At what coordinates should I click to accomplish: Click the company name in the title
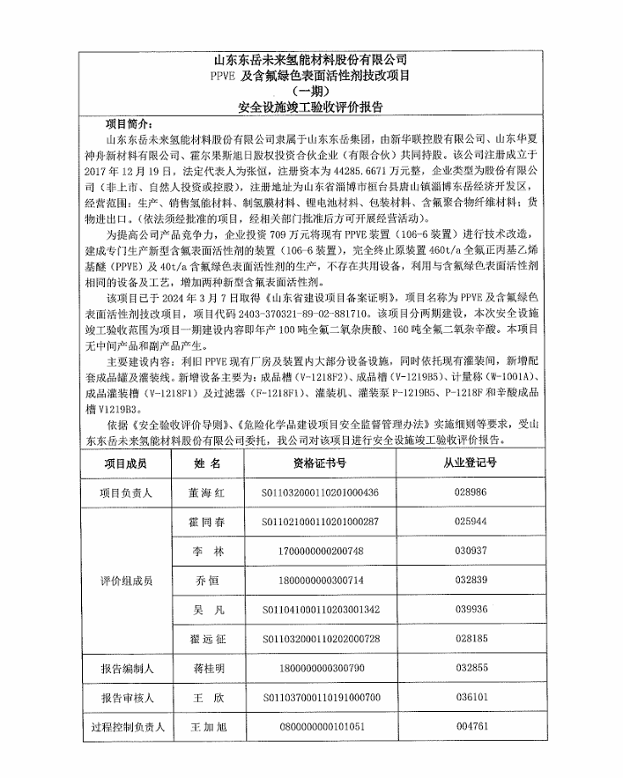[311, 60]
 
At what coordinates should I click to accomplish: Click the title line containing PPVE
[311, 76]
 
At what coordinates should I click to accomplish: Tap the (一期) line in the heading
[311, 92]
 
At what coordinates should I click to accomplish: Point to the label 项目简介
[129, 124]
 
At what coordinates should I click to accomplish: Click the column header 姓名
[208, 463]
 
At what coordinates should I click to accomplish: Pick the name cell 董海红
[208, 493]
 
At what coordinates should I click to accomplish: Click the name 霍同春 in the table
[208, 522]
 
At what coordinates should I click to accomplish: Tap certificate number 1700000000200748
[322, 551]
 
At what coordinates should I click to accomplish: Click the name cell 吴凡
[208, 609]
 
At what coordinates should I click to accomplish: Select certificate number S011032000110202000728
[322, 638]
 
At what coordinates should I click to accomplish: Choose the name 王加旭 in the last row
[208, 728]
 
